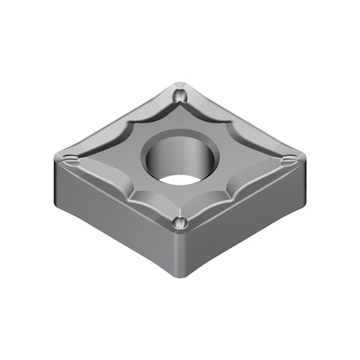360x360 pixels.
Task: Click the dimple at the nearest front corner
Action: pos(181,222)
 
